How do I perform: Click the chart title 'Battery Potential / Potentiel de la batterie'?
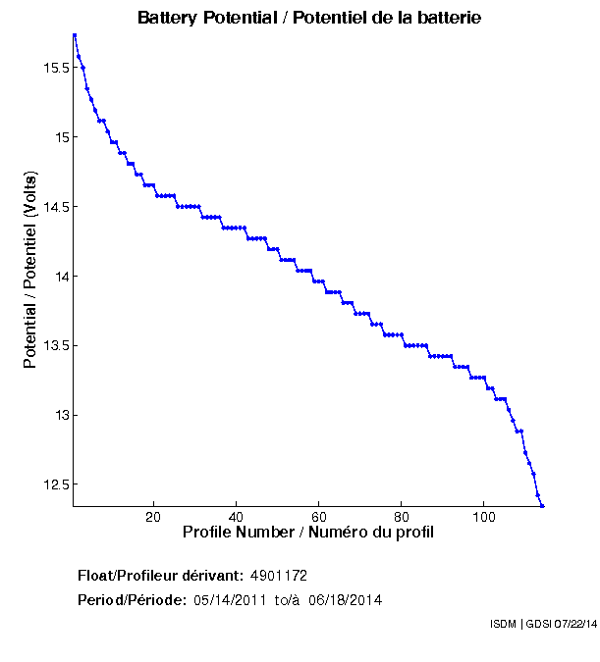click(x=309, y=19)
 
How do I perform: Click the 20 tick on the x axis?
click(x=153, y=518)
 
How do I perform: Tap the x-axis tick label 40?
click(x=236, y=518)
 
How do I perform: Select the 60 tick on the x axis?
click(x=318, y=518)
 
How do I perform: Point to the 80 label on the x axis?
click(x=402, y=518)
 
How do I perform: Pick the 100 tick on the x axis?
click(x=484, y=518)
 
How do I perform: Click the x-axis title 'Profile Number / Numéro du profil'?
click(x=308, y=533)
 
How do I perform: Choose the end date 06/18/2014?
click(x=345, y=599)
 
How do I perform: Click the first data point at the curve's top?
click(x=75, y=35)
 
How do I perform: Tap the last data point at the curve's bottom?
click(x=542, y=505)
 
